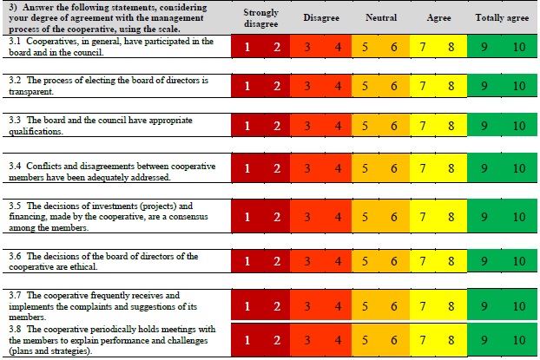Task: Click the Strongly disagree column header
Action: pos(261,17)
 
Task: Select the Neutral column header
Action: pos(379,17)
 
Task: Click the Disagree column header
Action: pos(320,17)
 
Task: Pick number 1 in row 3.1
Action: pos(247,47)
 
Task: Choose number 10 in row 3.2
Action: pos(518,86)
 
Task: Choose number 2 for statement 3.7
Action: pos(277,305)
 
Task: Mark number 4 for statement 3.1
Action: pos(338,47)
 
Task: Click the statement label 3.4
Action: pos(15,165)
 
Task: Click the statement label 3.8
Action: pos(15,328)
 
